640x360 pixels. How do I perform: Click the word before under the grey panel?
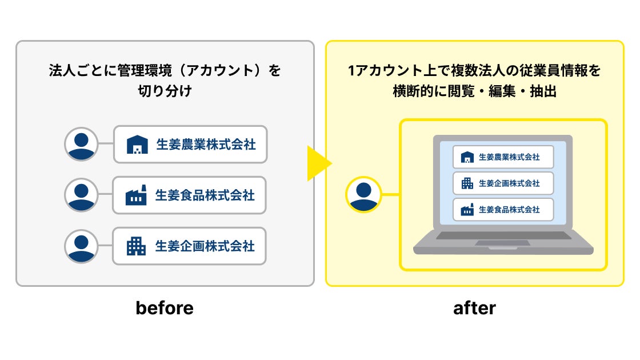(165, 309)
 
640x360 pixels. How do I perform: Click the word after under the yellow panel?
(474, 309)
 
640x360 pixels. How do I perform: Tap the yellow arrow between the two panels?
(318, 164)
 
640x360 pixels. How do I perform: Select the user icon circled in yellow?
(363, 194)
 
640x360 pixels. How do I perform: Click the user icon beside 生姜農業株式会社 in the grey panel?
(82, 144)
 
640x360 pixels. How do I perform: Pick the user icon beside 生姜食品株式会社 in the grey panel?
(82, 195)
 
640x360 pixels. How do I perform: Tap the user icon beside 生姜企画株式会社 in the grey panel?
(82, 246)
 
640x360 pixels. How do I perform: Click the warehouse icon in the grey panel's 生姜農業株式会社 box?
(137, 145)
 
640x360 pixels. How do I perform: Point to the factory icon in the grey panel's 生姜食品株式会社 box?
(136, 195)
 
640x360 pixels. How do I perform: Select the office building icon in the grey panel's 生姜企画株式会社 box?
(136, 246)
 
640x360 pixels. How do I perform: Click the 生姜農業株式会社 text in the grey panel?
(206, 145)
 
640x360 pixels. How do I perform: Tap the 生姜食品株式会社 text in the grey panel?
(205, 195)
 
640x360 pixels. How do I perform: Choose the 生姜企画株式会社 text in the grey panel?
(205, 246)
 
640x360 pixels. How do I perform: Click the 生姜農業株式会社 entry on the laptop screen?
(503, 157)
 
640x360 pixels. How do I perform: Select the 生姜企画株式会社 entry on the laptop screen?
(503, 183)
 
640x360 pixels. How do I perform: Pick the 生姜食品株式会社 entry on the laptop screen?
(503, 210)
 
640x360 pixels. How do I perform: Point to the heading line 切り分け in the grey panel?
(165, 91)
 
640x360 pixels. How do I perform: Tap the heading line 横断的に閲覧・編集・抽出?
(474, 91)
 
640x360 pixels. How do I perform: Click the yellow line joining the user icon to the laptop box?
(390, 194)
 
